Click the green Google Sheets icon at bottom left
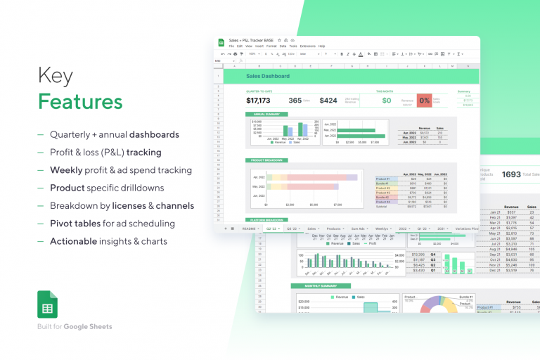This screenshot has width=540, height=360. (48, 304)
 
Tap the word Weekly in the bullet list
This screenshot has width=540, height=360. (67, 170)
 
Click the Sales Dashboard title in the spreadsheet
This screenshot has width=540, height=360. (267, 76)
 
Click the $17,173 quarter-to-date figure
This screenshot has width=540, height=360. (258, 101)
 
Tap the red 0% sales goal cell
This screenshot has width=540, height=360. (424, 101)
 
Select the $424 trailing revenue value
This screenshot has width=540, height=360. (328, 101)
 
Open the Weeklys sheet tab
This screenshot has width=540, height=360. (381, 229)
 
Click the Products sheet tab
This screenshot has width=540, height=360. (334, 229)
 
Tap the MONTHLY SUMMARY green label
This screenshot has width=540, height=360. (311, 285)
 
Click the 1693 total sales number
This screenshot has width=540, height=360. (511, 174)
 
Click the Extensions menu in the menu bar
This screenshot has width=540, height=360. (308, 46)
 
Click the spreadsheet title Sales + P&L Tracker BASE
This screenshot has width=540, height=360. (252, 40)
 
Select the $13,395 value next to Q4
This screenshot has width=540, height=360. (418, 254)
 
